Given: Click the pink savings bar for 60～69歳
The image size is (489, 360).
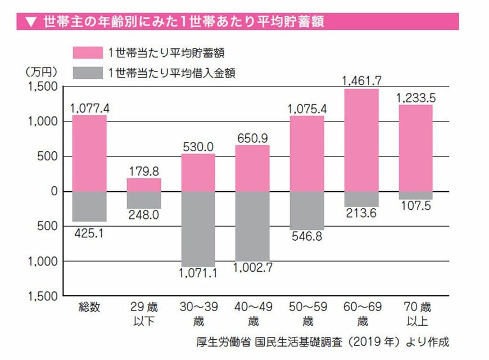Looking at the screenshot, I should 361,140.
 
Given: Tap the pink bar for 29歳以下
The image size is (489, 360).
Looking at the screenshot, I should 143,185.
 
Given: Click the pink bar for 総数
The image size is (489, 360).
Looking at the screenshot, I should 89,153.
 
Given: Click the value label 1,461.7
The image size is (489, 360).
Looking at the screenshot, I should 361,80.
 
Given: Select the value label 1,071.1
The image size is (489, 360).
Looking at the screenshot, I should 198,274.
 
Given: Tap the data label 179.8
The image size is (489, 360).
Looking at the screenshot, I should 143,170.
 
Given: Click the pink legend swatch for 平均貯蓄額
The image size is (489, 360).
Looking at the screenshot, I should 88,52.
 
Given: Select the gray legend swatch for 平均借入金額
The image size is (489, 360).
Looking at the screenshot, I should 88,72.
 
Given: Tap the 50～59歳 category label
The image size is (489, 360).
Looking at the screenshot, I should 307,314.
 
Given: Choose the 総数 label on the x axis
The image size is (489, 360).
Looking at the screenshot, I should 89,308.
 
